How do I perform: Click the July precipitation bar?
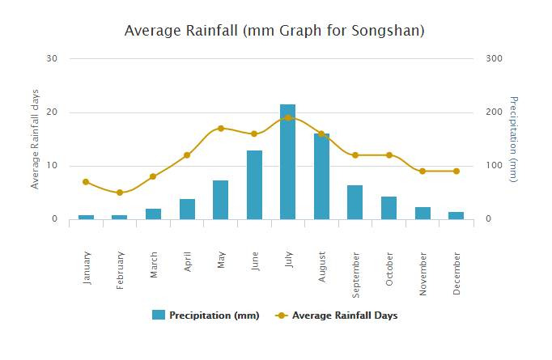point(287,162)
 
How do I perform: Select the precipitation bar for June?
point(254,185)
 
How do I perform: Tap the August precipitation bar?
point(321,176)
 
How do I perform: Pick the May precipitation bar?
point(220,200)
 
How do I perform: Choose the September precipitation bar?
point(355,202)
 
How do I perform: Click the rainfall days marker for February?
point(119,193)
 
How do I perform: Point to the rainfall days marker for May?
point(220,129)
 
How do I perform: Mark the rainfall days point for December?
point(456,172)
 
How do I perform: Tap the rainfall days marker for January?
point(86,182)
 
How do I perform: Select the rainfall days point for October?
point(389,155)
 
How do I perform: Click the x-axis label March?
point(154,265)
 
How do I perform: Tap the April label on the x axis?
point(188,265)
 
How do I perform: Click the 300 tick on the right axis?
point(494,58)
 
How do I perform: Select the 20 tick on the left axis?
point(53,112)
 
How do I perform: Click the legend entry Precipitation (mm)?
point(206,316)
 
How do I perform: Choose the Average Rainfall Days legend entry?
point(337,316)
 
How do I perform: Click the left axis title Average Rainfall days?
point(35,139)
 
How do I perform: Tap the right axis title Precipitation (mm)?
point(513,139)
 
